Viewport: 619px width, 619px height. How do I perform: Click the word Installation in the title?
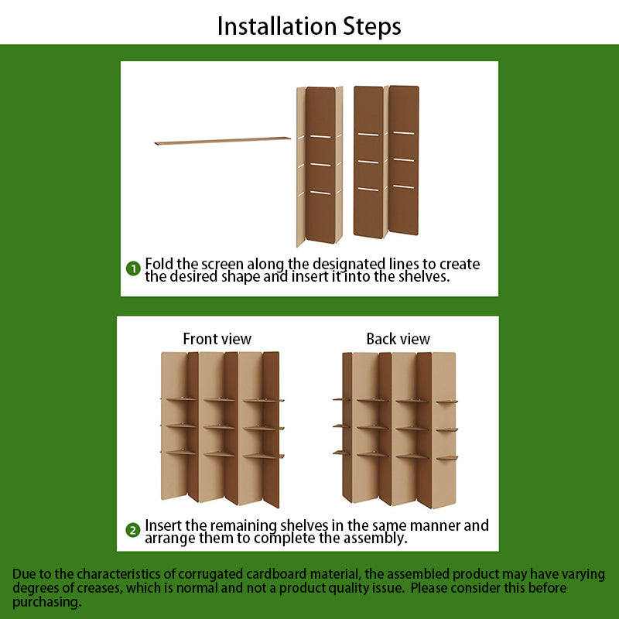pos(277,26)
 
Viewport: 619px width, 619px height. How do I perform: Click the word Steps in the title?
pos(372,27)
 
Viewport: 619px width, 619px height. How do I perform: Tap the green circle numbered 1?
pos(133,268)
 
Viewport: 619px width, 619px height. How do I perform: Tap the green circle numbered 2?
pos(132,530)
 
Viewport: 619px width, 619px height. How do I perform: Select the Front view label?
pos(217,339)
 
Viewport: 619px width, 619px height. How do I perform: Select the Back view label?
pos(398,339)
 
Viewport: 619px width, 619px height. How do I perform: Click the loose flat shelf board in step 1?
pos(223,141)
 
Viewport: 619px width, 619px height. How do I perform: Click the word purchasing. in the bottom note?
pos(46,603)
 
